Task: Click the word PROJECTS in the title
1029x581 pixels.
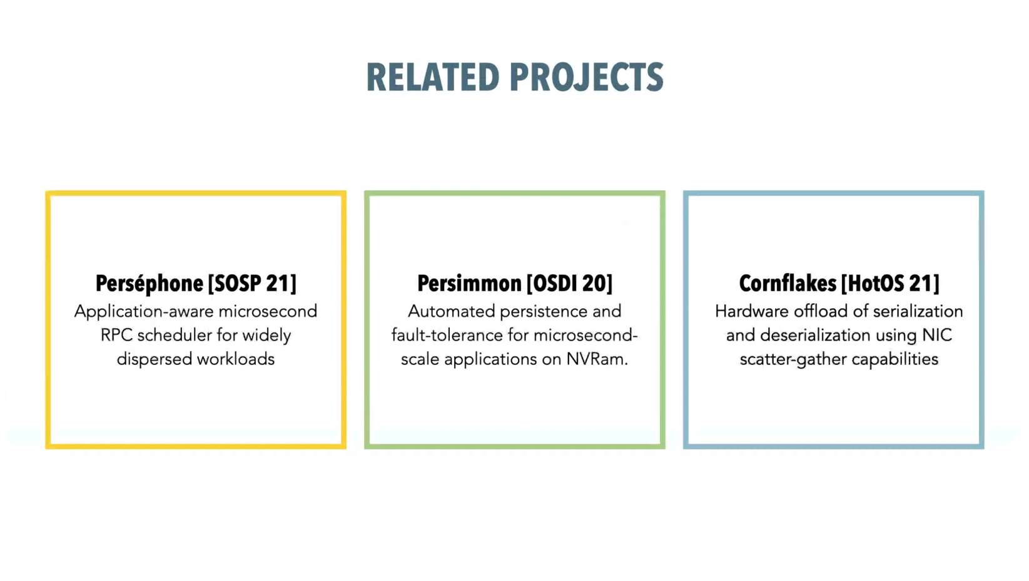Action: point(587,77)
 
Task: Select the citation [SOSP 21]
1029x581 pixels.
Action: point(252,283)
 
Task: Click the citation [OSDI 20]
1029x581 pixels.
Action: point(570,283)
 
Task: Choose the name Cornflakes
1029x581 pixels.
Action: point(787,283)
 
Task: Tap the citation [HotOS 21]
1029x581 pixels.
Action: point(890,283)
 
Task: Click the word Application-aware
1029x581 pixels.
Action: point(144,312)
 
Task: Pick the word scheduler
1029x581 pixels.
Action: point(175,335)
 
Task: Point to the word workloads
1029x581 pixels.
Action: point(235,359)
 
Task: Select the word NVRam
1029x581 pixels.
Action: point(597,359)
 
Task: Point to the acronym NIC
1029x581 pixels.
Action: point(937,335)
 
